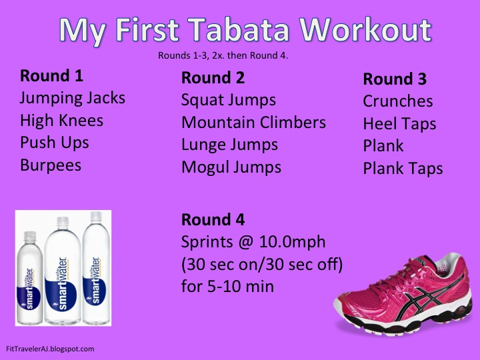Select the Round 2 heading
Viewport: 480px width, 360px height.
point(213,78)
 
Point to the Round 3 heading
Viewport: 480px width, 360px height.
point(394,79)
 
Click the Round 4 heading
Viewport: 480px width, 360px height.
point(213,219)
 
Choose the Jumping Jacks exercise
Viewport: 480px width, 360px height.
point(73,98)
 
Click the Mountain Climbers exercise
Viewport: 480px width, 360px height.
point(253,123)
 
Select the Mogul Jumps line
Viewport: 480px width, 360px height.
point(231,167)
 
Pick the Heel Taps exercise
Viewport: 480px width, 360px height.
point(399,123)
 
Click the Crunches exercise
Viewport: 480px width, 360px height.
point(397,101)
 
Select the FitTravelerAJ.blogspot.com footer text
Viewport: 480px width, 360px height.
point(49,348)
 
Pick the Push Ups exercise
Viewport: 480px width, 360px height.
point(54,142)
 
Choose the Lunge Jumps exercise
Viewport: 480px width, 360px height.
point(229,145)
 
